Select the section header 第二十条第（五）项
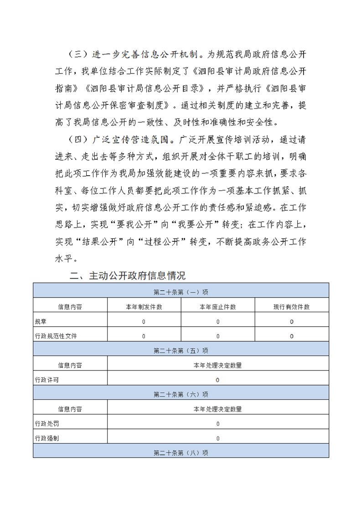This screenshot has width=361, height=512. pyautogui.click(x=181, y=350)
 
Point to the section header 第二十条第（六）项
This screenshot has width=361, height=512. pyautogui.click(x=181, y=394)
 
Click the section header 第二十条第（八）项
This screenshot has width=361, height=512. pyautogui.click(x=181, y=453)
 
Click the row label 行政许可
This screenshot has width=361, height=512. pyautogui.click(x=47, y=380)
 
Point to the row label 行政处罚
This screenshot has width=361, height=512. pyautogui.click(x=47, y=423)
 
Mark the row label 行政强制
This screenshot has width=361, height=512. pyautogui.click(x=47, y=438)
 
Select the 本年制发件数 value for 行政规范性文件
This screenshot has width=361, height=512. pyautogui.click(x=144, y=336)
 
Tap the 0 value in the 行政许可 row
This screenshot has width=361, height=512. pyautogui.click(x=218, y=380)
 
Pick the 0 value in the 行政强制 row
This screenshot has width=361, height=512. pyautogui.click(x=218, y=438)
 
